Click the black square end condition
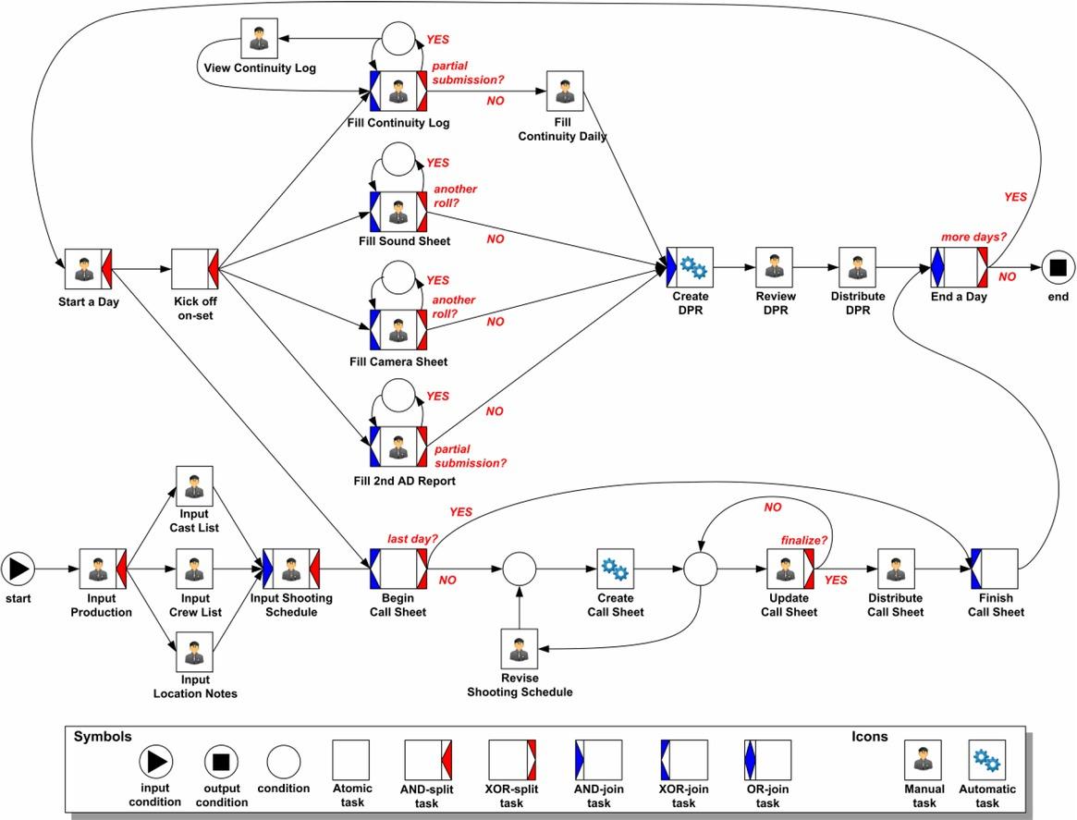click(1059, 268)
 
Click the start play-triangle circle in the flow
click(18, 569)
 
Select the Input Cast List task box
click(194, 484)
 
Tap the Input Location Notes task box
click(194, 651)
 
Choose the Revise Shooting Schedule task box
click(519, 649)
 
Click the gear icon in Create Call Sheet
click(615, 569)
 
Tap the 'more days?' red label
click(973, 238)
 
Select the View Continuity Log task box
click(260, 39)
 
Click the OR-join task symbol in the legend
click(767, 759)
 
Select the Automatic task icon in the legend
click(987, 760)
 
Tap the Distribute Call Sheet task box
click(895, 569)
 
